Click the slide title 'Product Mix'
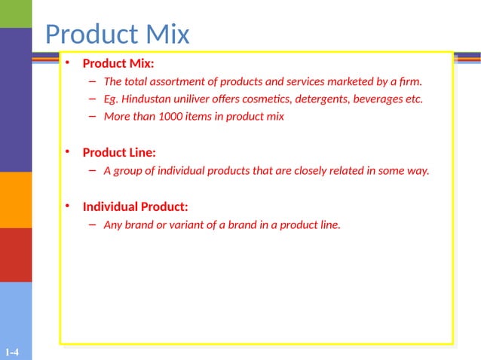pos(117,34)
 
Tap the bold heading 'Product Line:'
pos(119,153)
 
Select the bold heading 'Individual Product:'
pos(135,206)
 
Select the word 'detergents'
pos(327,99)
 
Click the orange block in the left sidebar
pos(16,200)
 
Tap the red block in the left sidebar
pos(16,255)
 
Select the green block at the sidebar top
pos(16,14)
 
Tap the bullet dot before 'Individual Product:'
pos(67,206)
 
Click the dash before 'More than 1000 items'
pos(91,117)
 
